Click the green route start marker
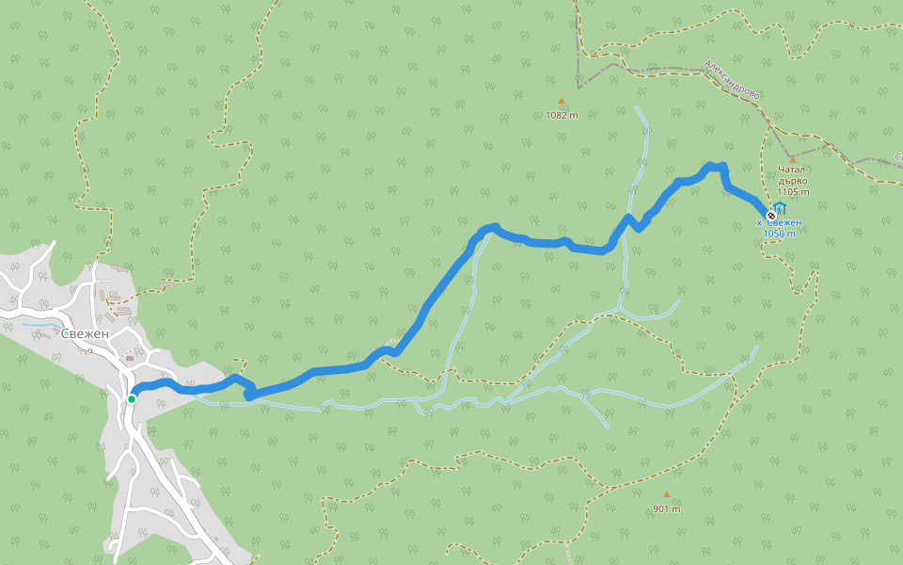(x=132, y=399)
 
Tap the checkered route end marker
(x=771, y=216)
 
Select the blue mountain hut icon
(x=780, y=209)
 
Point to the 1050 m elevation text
(x=779, y=234)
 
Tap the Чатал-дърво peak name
(x=793, y=175)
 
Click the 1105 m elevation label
(x=793, y=192)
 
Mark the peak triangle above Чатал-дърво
(x=793, y=159)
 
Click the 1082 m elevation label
(x=562, y=115)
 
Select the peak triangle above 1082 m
(x=562, y=101)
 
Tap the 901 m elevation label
(x=666, y=509)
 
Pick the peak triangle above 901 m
(x=666, y=494)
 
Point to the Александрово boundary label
(x=732, y=81)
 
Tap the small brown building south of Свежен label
(x=130, y=359)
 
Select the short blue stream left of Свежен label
(x=40, y=326)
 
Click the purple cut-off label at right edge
(x=898, y=156)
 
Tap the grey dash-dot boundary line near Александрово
(x=658, y=72)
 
